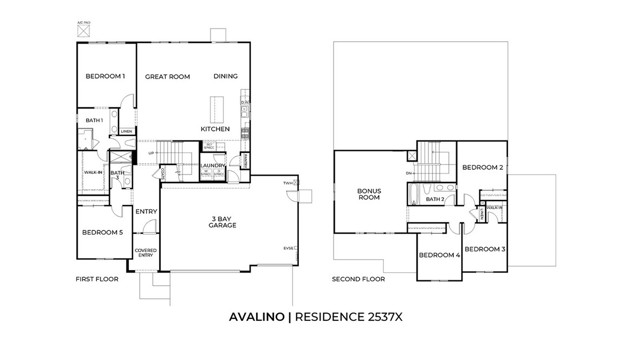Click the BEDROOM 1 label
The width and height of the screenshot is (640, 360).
tap(105, 76)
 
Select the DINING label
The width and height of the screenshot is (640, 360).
tap(226, 76)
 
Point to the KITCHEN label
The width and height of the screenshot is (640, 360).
tap(216, 129)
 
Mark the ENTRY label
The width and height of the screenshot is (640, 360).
tap(147, 211)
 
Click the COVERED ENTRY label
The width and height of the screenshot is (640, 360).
tap(146, 253)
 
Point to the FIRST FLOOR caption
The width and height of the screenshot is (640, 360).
tap(97, 280)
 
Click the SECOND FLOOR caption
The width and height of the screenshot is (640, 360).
tap(357, 280)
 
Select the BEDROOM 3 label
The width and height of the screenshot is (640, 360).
tap(486, 248)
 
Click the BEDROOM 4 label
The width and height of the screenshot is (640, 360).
tap(438, 256)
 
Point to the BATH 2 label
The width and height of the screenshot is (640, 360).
tap(435, 199)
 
